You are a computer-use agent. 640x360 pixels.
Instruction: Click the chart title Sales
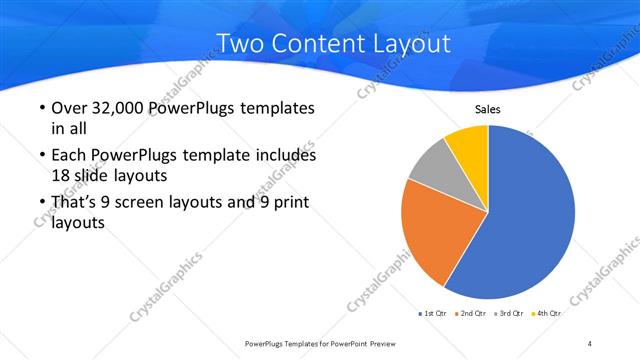487,110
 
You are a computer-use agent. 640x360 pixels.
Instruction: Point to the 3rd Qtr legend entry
510,313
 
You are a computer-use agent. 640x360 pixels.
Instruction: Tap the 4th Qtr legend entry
546,313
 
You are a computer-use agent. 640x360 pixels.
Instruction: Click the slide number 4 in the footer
590,343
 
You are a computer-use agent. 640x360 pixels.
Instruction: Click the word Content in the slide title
316,43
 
